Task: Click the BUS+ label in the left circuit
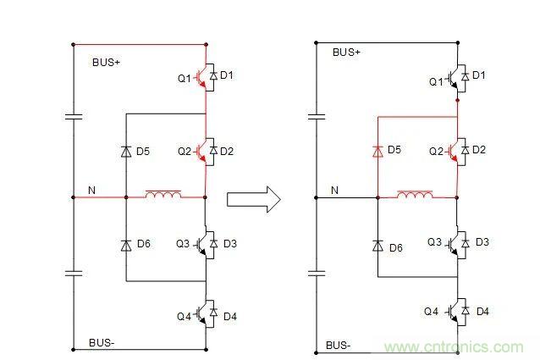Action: tap(107, 62)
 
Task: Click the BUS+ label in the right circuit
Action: tap(346, 53)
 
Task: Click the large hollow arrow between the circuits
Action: tap(255, 199)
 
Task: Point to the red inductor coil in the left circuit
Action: tap(163, 196)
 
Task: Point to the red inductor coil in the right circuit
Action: tap(414, 196)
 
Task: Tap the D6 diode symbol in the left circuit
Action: tap(125, 245)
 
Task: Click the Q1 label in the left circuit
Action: tap(184, 79)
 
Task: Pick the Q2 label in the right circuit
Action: tap(435, 152)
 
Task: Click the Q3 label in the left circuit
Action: tap(184, 244)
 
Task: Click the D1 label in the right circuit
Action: tap(479, 75)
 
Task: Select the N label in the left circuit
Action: tap(92, 190)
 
